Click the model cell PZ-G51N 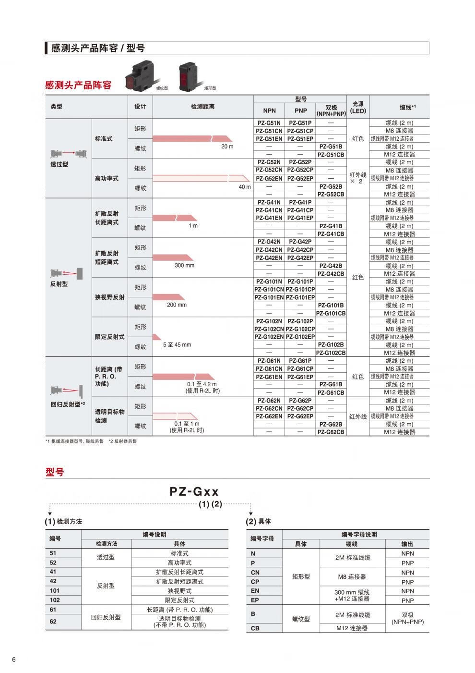click(x=269, y=123)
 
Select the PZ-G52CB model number click(x=331, y=195)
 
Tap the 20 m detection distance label click(x=227, y=147)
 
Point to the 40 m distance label click(x=245, y=187)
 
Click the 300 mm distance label click(x=184, y=266)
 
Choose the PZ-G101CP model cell click(x=300, y=290)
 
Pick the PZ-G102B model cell click(x=331, y=345)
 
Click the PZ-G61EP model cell click(x=300, y=377)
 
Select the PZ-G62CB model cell click(x=331, y=432)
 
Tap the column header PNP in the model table click(x=300, y=111)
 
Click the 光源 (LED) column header click(x=358, y=107)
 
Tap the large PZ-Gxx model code click(x=194, y=491)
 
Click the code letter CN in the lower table click(x=255, y=573)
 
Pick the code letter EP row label click(x=255, y=600)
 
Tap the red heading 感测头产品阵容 click(x=78, y=85)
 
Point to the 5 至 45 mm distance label click(x=177, y=345)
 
